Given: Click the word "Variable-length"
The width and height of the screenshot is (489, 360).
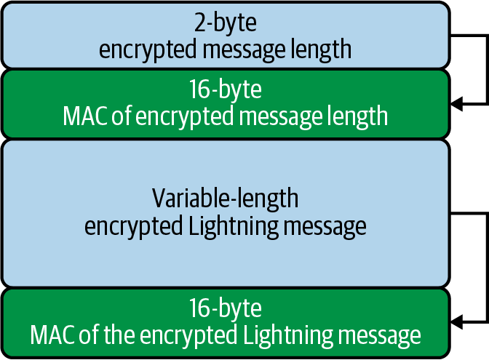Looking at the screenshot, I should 226,198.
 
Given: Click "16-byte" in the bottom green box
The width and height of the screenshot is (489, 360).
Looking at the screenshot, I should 226,308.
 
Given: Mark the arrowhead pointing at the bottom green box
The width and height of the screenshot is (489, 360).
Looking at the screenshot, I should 456,321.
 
